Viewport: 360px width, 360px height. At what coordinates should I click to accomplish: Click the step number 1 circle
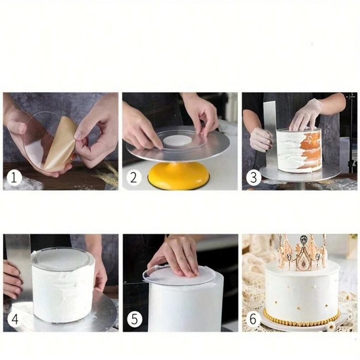[14, 177]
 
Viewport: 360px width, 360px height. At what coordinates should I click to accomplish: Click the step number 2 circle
[133, 177]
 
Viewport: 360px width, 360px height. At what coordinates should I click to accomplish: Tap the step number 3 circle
[253, 177]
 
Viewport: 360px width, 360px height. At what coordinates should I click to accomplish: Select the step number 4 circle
[14, 319]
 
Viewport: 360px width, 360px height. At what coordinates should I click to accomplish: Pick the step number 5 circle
[134, 319]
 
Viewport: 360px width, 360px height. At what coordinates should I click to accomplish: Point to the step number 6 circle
[253, 319]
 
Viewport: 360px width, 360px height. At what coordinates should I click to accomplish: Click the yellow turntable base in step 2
[179, 176]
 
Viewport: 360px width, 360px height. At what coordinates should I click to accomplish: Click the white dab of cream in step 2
[176, 140]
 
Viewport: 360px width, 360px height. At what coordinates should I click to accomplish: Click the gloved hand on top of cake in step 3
[306, 115]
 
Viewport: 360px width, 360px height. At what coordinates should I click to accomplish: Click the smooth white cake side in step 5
[184, 306]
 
